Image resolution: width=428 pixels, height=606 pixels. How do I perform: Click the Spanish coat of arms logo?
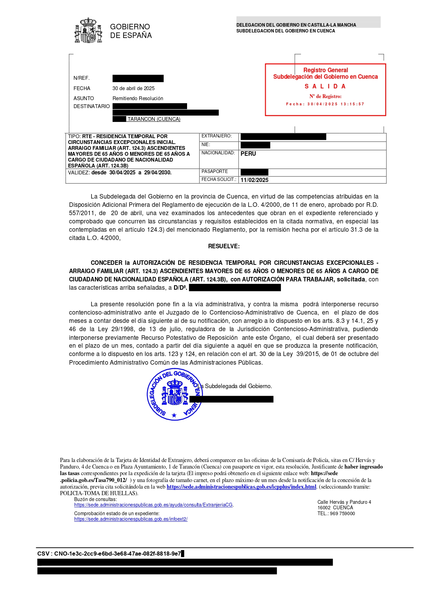[88, 30]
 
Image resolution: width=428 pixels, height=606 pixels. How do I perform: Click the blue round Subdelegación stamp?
[174, 394]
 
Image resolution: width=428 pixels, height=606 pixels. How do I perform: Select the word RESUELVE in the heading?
[224, 246]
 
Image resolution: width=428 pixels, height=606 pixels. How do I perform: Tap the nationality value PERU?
[248, 154]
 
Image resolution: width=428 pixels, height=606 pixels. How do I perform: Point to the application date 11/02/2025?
[254, 180]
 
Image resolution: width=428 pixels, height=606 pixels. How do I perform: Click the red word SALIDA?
[325, 86]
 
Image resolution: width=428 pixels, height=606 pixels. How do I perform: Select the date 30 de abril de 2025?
[134, 88]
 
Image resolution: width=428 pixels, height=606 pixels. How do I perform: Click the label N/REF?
[81, 78]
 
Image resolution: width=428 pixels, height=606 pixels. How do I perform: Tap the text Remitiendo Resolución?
[138, 98]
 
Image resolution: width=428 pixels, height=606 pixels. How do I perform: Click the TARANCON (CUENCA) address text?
[154, 119]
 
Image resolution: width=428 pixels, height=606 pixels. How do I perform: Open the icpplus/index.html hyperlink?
[241, 487]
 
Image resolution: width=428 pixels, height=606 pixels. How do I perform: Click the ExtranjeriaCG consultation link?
[154, 505]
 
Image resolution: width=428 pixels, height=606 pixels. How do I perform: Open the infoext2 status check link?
[131, 519]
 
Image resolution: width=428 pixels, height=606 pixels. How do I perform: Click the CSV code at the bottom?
[109, 554]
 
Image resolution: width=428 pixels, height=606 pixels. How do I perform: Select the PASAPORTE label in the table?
[215, 172]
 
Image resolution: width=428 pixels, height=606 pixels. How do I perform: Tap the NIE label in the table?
[206, 145]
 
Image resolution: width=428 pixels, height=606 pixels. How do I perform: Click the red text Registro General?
[325, 70]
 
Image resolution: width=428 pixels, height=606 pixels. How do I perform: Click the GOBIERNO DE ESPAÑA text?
[131, 31]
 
